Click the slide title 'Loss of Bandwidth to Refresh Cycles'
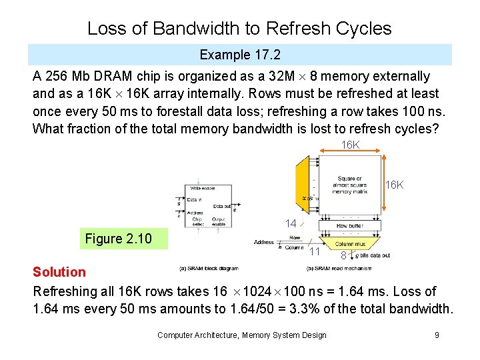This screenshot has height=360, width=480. [x=239, y=29]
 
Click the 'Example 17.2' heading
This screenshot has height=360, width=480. [x=239, y=55]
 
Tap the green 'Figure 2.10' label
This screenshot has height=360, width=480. [x=118, y=239]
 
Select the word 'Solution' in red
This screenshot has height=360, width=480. [x=59, y=271]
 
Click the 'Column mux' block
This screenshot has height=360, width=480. [x=351, y=245]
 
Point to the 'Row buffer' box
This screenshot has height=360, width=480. [x=351, y=226]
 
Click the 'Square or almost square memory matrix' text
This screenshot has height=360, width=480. [x=350, y=185]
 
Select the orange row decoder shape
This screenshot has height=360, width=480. [x=307, y=180]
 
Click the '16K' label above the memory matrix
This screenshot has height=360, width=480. [x=351, y=145]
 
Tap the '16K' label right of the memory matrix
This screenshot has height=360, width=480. [x=395, y=185]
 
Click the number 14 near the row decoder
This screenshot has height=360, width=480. [x=291, y=224]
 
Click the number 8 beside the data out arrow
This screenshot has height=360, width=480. [x=343, y=255]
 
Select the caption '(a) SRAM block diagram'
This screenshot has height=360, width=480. [x=209, y=268]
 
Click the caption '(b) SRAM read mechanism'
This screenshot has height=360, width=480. [x=338, y=268]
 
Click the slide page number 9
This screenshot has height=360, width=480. [x=437, y=335]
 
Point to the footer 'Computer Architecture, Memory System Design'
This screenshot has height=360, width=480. [x=241, y=335]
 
